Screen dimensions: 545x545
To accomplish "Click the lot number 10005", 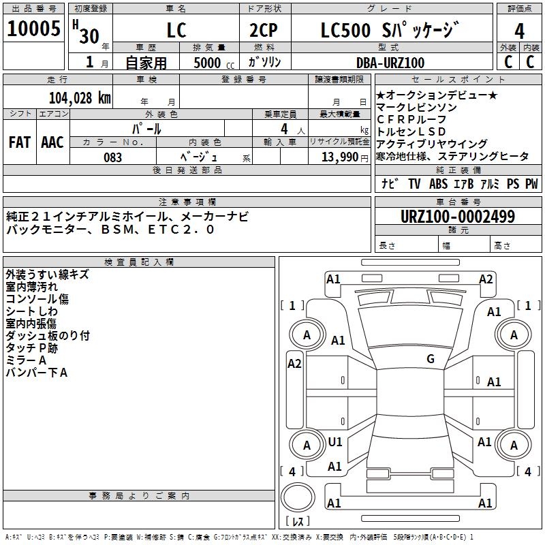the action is pos(33,29).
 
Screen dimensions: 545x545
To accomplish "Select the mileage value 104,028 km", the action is pos(80,97).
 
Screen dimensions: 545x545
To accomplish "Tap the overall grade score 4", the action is pos(519,31).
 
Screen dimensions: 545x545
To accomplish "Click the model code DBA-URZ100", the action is pos(390,63).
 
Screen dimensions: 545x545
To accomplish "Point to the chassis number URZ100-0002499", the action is pos(458,216).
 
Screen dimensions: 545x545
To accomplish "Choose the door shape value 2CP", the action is pos(264,30).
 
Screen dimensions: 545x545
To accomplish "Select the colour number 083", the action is pos(112,157).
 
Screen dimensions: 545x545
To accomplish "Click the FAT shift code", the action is pos(20,142).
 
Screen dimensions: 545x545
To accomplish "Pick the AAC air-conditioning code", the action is pos(52,142).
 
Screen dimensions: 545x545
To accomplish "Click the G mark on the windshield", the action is pos(431,359).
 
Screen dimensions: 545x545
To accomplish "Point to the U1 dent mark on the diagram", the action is pos(335,441).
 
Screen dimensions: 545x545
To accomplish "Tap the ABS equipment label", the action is pos(438,183).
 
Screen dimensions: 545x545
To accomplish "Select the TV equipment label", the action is pos(414,183).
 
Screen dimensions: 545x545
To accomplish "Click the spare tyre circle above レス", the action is pos(298,497).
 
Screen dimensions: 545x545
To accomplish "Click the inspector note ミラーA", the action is pos(26,360).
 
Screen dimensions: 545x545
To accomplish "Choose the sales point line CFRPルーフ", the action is pos(411,119).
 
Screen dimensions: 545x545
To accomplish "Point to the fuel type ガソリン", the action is pos(264,62).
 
